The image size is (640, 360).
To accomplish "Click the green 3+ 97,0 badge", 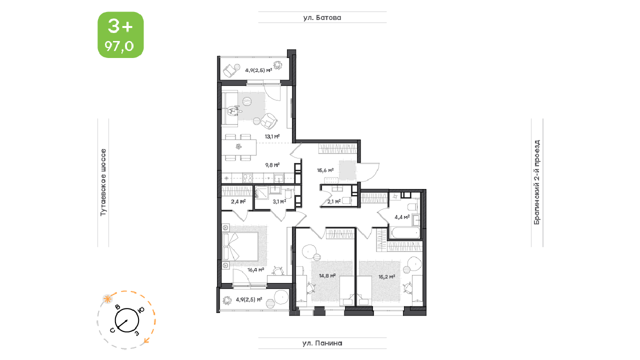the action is (x=120, y=35).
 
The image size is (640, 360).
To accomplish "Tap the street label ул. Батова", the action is (x=322, y=17).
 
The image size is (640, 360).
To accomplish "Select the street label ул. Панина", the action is (x=322, y=343).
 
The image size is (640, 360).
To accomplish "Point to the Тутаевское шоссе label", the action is (x=103, y=182).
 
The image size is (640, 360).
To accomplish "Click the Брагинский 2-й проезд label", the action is (x=537, y=182).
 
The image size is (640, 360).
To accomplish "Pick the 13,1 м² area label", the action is (x=272, y=136).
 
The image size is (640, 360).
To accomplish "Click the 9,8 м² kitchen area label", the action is (x=272, y=165).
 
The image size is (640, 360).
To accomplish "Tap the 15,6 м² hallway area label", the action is (x=325, y=170).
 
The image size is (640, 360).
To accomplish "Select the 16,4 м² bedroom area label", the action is (x=255, y=269).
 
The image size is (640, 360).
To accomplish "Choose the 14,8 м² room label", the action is (x=327, y=275).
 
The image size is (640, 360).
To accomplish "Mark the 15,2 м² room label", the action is (x=387, y=276).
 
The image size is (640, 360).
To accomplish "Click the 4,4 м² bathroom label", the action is (x=402, y=217).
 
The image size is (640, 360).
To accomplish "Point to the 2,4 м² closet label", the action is (x=238, y=201).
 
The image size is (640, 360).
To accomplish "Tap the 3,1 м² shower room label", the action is (x=279, y=201).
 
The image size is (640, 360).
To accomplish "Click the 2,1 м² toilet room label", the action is (x=334, y=201).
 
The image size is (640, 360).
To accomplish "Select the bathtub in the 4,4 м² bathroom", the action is (x=405, y=232).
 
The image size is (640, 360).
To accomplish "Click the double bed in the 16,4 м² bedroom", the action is (x=240, y=246).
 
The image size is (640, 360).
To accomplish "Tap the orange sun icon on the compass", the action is (x=107, y=299).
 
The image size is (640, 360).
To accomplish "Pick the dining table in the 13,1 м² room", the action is (x=239, y=147).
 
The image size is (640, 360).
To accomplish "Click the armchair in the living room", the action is (x=268, y=121).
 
